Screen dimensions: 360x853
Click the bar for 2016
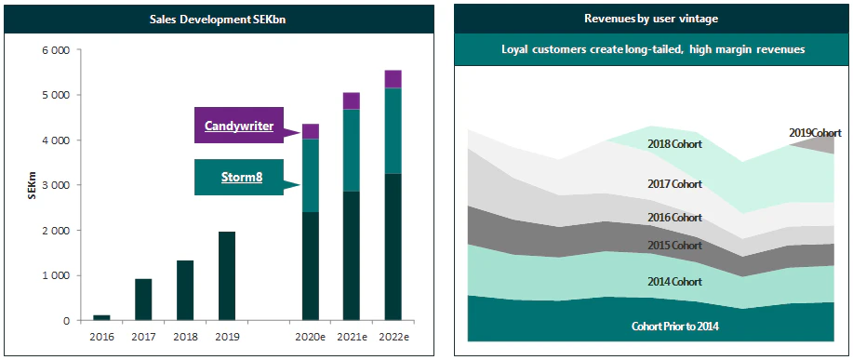tap(101, 317)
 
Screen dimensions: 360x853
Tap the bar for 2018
tap(184, 290)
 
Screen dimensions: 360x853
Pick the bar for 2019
tap(226, 276)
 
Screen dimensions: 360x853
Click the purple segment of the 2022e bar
tap(393, 79)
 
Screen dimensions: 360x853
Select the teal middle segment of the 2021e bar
tap(352, 151)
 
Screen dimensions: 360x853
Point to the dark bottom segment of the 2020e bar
tap(310, 266)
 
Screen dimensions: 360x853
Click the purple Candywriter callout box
tap(239, 126)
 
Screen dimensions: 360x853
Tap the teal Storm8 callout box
tap(239, 177)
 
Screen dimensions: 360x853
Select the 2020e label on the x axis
tap(310, 336)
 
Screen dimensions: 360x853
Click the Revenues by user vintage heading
tap(650, 19)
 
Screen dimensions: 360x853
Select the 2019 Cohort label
tap(809, 134)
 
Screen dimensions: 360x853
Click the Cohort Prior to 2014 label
tap(674, 326)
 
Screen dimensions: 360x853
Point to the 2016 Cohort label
tap(674, 217)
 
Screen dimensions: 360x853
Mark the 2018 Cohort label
tap(674, 144)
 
